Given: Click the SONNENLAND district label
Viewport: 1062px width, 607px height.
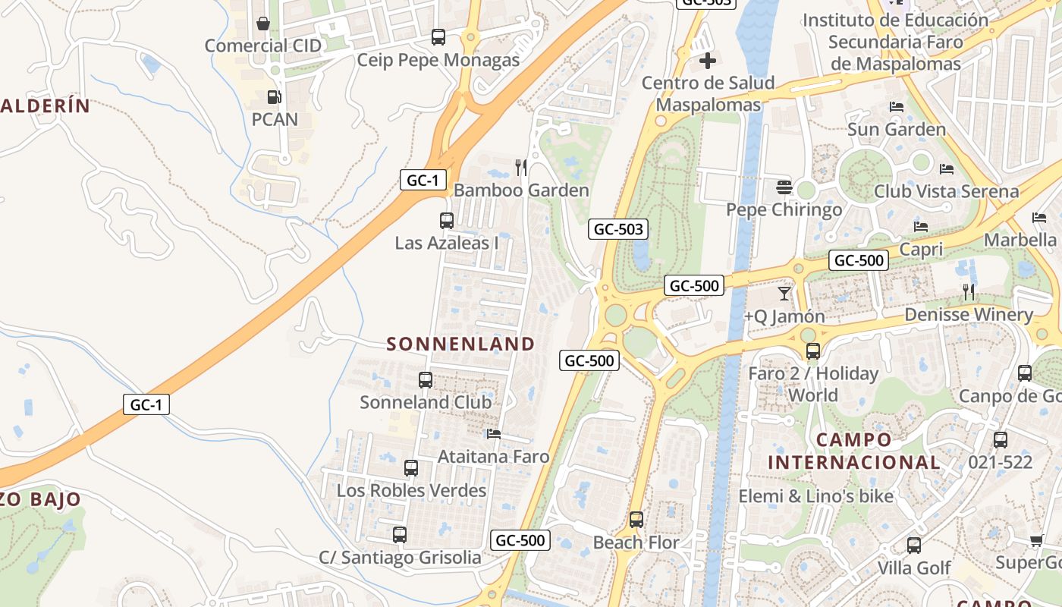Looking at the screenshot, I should coord(460,344).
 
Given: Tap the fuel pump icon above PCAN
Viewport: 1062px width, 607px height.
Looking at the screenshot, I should coord(274,97).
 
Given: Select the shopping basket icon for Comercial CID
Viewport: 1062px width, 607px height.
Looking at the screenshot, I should coord(263,24).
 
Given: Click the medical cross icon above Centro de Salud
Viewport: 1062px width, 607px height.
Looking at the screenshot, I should coord(708,61).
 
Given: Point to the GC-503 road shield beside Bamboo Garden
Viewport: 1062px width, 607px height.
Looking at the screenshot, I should coord(618,228).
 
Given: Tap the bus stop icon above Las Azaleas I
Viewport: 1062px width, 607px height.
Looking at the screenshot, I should coord(447,221).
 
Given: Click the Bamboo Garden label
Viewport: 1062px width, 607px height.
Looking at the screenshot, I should coord(521,190).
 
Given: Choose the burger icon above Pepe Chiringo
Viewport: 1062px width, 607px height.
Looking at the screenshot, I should coord(784,187).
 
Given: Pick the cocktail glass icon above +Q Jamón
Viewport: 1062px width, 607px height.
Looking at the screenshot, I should coord(784,293).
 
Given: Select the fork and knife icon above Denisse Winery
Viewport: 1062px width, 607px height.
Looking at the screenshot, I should coord(969,291).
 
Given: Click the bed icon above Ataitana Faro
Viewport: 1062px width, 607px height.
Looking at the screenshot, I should coord(494,434).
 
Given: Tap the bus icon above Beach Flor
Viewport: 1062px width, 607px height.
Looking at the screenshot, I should coord(636,520).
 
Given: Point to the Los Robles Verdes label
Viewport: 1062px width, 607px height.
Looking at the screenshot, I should coord(411,490).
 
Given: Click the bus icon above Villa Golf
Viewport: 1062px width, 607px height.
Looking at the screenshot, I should coord(914,545).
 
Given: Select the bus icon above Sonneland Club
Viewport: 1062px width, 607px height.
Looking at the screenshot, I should coord(426,379).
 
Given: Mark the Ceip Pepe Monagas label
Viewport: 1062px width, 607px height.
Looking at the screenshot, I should coord(438,60).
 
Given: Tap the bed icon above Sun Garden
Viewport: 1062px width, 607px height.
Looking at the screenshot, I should coord(897,107).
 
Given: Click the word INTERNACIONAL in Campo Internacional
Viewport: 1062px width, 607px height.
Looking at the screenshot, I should coord(853,461).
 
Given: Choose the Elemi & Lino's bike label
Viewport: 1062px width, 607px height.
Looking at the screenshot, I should coord(816,496).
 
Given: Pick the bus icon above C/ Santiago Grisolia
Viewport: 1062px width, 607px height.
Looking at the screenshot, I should coord(400,535).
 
